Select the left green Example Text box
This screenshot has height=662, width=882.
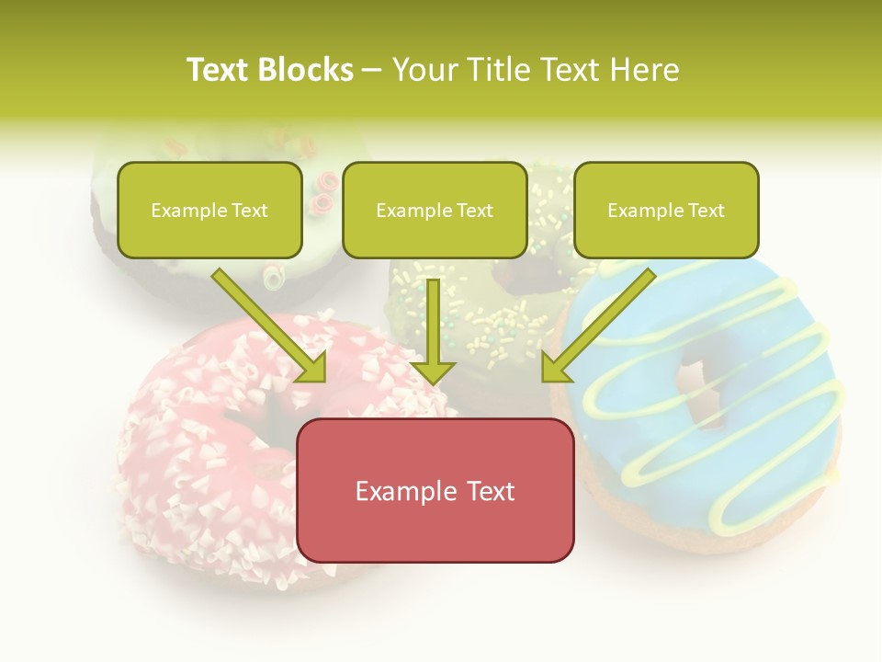click(x=209, y=211)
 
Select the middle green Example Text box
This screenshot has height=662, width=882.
click(x=435, y=211)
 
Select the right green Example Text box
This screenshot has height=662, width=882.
click(x=666, y=211)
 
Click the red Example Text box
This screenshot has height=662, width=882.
click(x=435, y=491)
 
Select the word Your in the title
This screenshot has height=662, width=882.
click(x=419, y=70)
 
